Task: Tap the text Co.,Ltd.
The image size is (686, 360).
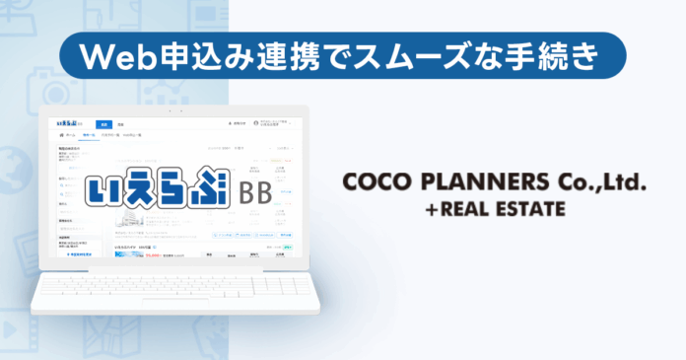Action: point(598,184)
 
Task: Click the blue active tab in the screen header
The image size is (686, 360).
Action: point(102,124)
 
